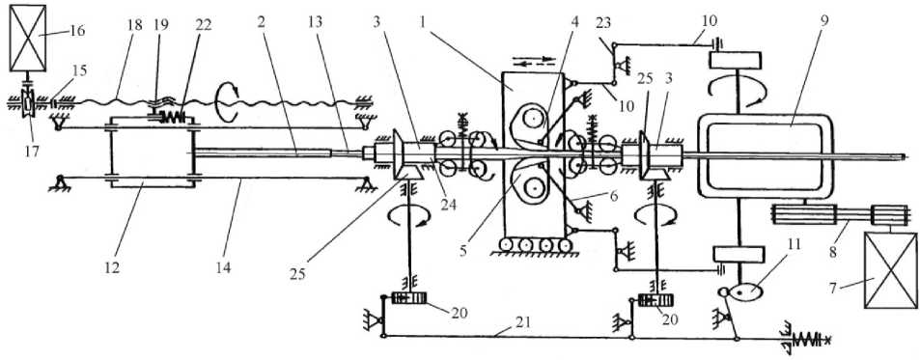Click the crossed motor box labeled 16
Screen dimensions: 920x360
click(x=28, y=38)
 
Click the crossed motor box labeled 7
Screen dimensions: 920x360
click(x=890, y=270)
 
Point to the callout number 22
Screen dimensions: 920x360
click(x=205, y=25)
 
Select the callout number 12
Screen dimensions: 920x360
click(x=113, y=268)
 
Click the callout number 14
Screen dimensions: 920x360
click(x=224, y=268)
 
